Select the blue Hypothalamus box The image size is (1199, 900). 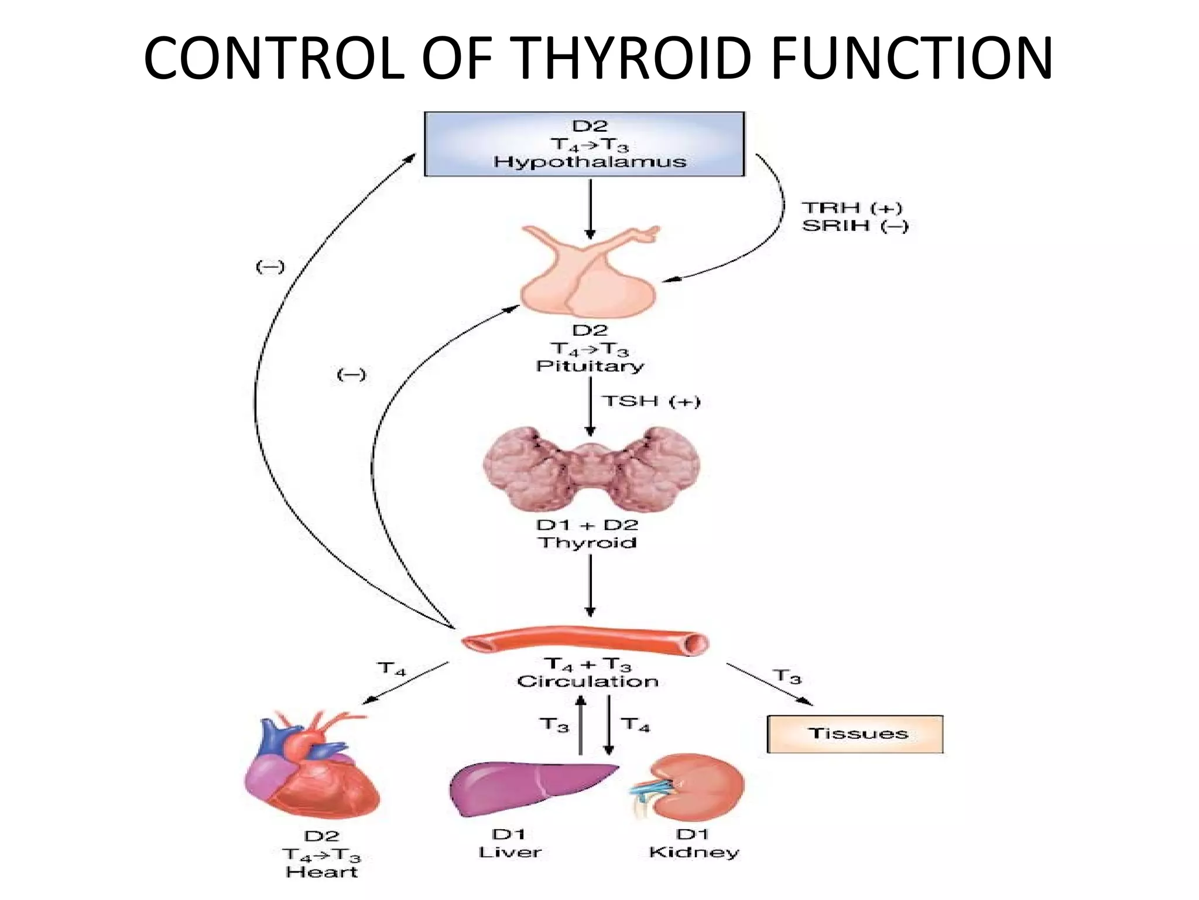pos(584,144)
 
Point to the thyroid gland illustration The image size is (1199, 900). pos(591,469)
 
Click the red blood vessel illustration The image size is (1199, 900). pos(585,642)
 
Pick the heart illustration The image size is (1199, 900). pos(310,768)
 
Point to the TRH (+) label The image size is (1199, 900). pos(852,208)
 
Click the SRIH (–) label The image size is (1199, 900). pos(855,226)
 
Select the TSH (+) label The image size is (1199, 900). pos(651,401)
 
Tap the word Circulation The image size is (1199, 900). pos(588,681)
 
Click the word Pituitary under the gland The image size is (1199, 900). pos(590,366)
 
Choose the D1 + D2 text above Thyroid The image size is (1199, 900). pos(587,524)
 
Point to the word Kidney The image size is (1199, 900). pos(694,852)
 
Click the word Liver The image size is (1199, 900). pos(510,852)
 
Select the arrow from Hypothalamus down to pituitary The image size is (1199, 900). pos(590,208)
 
